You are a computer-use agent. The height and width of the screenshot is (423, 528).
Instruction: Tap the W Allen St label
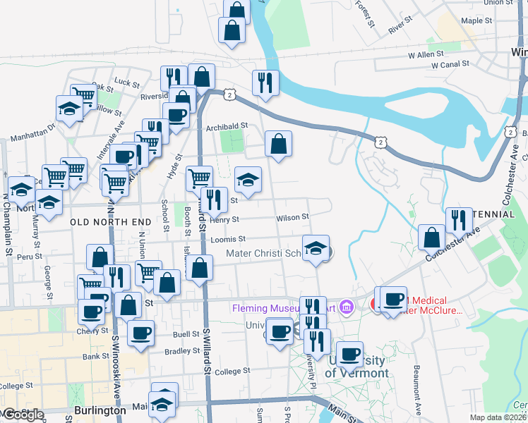tap(426, 54)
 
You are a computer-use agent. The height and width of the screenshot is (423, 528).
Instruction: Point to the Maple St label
tap(476, 21)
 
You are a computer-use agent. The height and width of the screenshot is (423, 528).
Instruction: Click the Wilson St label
tap(292, 218)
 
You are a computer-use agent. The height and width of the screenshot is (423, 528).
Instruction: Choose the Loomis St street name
tap(227, 240)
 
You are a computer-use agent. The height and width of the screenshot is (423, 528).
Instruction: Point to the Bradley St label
tap(182, 350)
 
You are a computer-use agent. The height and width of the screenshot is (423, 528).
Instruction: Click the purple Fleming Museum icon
tap(346, 307)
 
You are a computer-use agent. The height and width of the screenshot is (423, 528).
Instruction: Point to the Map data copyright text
tap(498, 417)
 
